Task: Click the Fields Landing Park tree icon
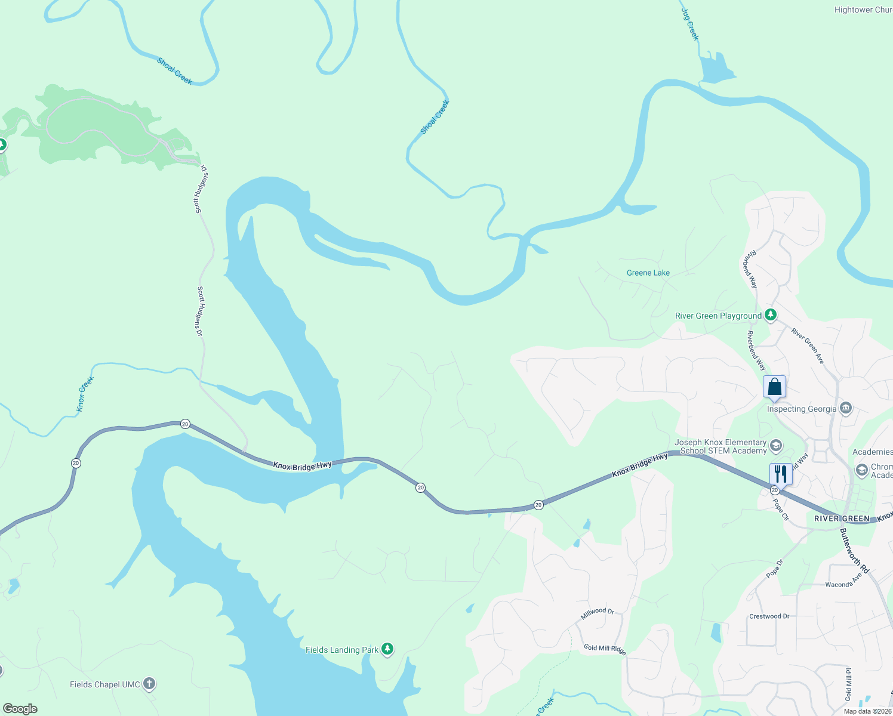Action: [387, 649]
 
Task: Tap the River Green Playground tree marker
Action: [771, 314]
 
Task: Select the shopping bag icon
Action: [774, 387]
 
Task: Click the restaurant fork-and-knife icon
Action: [781, 474]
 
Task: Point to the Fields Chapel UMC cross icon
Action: [149, 684]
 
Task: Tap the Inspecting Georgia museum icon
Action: [845, 409]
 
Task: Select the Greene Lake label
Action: [648, 273]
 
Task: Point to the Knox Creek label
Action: [85, 394]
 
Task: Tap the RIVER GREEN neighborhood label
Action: [842, 519]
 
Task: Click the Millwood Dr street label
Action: [598, 613]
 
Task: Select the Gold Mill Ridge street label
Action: [605, 649]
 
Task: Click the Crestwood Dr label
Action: [769, 616]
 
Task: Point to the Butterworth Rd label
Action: [854, 551]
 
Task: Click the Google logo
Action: [20, 709]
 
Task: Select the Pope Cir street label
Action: [781, 510]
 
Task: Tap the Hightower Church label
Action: [863, 10]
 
